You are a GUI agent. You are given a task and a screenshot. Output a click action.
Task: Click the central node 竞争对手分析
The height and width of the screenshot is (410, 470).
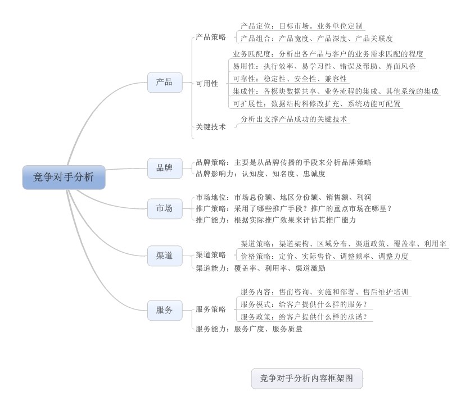[x=64, y=177]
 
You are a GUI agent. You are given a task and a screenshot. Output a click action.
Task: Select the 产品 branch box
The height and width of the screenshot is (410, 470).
[x=165, y=82]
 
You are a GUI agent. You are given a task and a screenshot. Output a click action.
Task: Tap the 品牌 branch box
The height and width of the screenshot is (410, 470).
[x=165, y=168]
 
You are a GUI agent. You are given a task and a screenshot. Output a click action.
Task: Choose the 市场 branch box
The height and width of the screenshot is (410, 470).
[x=165, y=209]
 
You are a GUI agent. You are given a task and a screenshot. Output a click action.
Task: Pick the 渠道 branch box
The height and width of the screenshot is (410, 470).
[x=165, y=256]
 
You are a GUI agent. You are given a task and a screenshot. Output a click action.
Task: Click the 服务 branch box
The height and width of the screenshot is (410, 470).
[x=165, y=309]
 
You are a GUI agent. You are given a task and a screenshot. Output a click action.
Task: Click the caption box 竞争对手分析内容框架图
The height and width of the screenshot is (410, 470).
[x=306, y=379]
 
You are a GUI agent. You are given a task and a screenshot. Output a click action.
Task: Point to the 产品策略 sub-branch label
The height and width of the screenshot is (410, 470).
[x=211, y=37]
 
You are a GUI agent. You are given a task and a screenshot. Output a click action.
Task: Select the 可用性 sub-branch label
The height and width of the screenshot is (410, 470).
[x=207, y=84]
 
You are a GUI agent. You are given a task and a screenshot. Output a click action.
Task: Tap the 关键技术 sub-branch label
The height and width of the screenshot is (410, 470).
[x=211, y=127]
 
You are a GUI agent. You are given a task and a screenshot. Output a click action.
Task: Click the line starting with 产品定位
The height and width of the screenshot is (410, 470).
[x=302, y=26]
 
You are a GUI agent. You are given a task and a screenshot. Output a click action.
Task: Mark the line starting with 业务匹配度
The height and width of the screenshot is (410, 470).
[x=328, y=54]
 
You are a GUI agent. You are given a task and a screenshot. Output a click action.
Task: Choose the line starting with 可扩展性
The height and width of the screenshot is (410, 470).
[x=317, y=103]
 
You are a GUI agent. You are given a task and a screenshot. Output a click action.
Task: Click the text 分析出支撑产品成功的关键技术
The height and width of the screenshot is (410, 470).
[x=294, y=119]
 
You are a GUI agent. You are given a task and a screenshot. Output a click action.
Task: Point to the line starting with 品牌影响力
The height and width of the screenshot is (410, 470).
[x=260, y=174]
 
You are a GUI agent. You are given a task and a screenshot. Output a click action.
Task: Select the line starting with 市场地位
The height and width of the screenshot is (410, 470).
[x=283, y=197]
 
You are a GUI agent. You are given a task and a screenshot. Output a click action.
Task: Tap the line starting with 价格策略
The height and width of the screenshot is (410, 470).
[x=324, y=256]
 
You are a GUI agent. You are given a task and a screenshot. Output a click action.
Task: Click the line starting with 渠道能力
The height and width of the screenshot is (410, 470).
[x=260, y=268]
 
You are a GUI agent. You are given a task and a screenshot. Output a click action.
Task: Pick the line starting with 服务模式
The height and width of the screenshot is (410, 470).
[x=304, y=304]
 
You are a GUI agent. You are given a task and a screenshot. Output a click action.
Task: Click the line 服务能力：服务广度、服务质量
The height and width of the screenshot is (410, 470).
[x=249, y=329]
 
